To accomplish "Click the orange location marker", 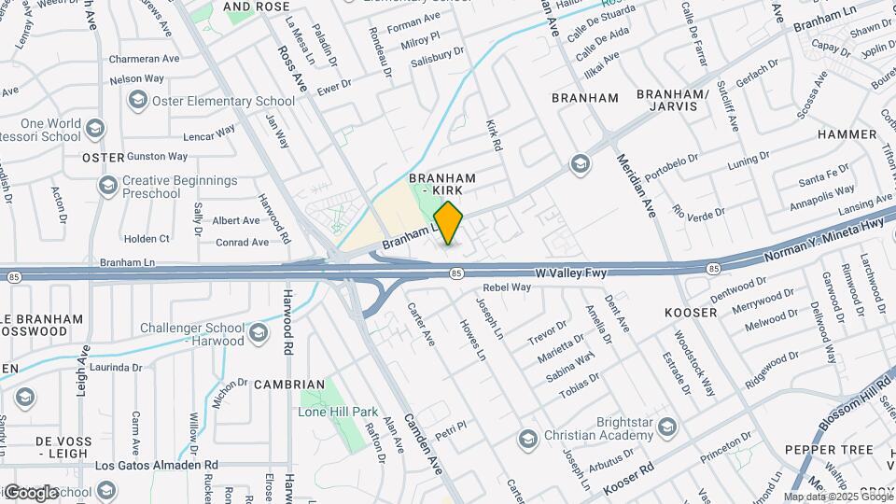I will (x=448, y=222).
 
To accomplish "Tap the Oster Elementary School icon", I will (x=138, y=101).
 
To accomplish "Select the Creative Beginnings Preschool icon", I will (x=107, y=187).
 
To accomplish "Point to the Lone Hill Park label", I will (x=338, y=411).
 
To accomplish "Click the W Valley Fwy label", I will (x=571, y=273).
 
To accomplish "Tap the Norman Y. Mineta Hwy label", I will (x=823, y=237).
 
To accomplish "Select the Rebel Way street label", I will (x=507, y=287).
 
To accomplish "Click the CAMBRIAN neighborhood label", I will (x=289, y=385).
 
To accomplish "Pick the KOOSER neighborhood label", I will (x=690, y=312).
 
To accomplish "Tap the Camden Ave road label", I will (x=422, y=444).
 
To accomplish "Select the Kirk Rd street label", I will (x=494, y=135).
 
